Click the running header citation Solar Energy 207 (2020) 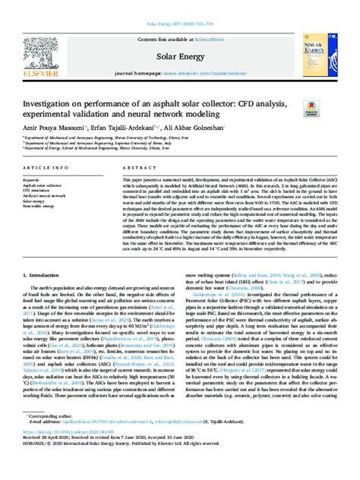click(x=179, y=5)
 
